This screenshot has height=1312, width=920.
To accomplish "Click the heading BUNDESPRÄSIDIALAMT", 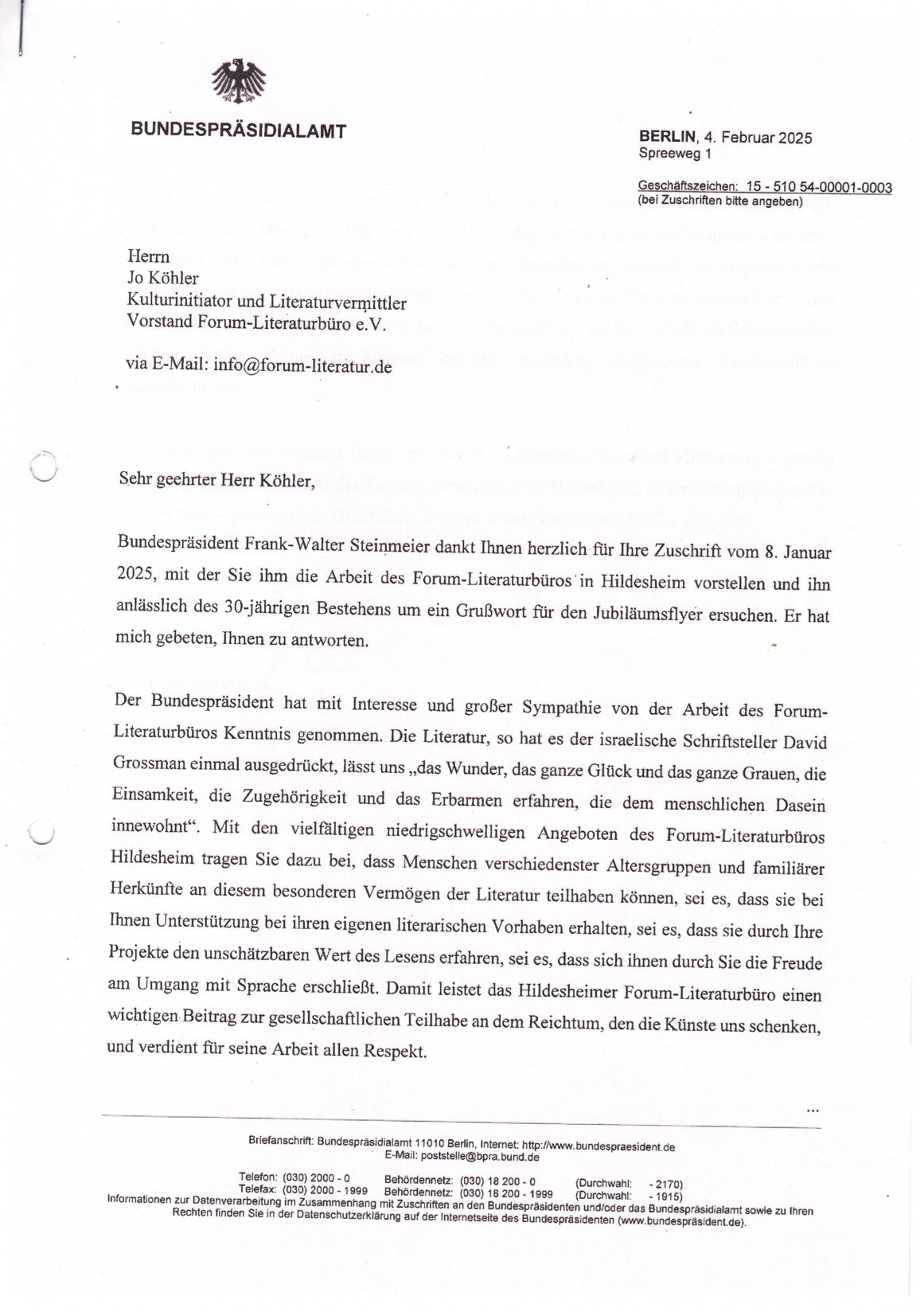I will click(x=239, y=131).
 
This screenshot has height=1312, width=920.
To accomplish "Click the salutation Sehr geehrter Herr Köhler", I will click(x=211, y=480).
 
